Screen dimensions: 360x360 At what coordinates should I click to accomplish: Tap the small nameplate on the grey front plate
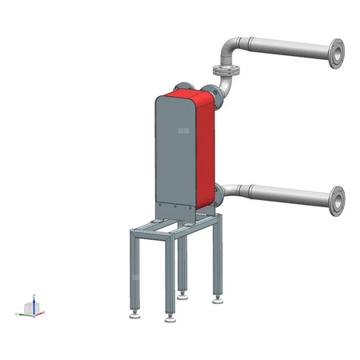(183, 130)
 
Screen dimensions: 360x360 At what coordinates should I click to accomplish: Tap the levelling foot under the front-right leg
(169, 318)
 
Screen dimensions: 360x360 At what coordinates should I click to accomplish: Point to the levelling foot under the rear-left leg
(183, 294)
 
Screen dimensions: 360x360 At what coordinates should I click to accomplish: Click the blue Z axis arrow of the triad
(31, 300)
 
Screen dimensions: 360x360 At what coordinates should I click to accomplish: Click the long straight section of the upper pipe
(284, 48)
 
